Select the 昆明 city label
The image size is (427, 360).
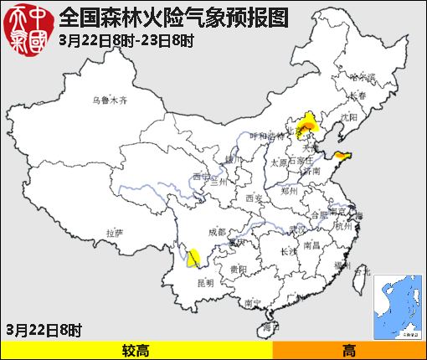(205, 283)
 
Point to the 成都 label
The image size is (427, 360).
(216, 232)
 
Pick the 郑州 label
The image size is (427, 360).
(290, 191)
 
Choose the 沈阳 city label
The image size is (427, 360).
(350, 117)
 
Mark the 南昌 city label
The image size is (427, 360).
(311, 245)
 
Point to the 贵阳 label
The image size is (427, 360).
(238, 270)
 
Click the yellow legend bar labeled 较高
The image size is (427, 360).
(136, 350)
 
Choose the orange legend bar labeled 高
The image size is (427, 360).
(348, 350)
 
